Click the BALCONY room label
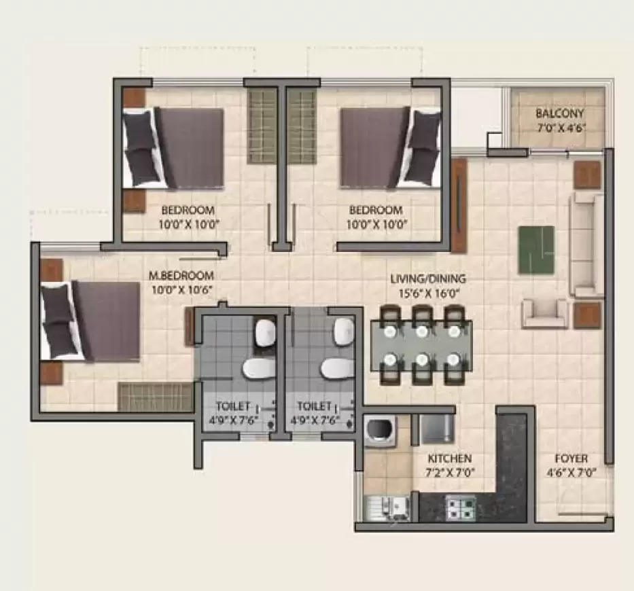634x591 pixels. (x=559, y=113)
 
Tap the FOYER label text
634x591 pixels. (x=571, y=459)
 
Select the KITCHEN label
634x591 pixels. (x=449, y=459)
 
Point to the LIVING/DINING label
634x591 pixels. (x=428, y=279)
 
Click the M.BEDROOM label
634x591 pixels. (x=181, y=276)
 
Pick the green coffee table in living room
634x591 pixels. (x=536, y=250)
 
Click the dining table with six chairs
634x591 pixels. (x=421, y=345)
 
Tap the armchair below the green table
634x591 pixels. (x=544, y=313)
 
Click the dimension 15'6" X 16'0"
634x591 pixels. (x=428, y=294)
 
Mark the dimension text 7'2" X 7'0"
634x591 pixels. (x=449, y=473)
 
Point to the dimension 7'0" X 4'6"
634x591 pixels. (x=559, y=127)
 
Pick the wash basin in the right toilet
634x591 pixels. (x=344, y=331)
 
